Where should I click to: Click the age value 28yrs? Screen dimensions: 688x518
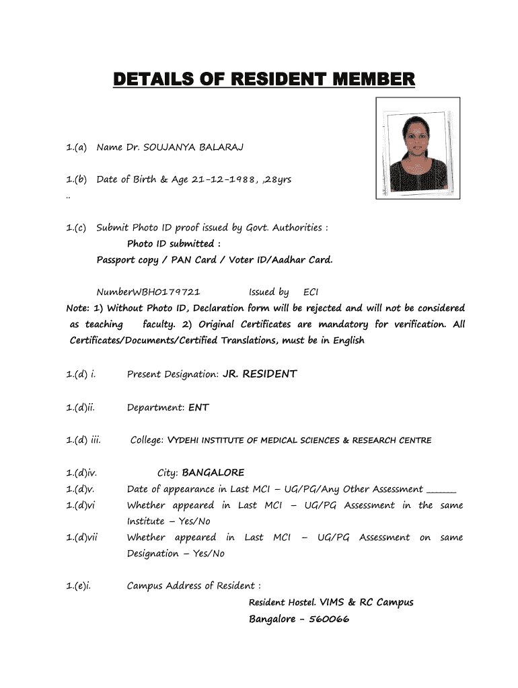(x=276, y=179)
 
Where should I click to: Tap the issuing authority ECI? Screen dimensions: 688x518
(x=311, y=292)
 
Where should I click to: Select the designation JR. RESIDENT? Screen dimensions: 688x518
(x=260, y=374)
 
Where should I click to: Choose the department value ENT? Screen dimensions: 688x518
(x=198, y=407)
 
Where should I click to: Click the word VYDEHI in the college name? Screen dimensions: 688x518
(x=182, y=441)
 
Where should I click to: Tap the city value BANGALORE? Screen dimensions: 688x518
(x=213, y=473)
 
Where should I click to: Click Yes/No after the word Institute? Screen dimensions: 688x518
(x=194, y=521)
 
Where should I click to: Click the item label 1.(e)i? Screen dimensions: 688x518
(x=79, y=586)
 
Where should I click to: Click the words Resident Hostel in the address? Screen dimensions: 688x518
(x=276, y=603)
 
